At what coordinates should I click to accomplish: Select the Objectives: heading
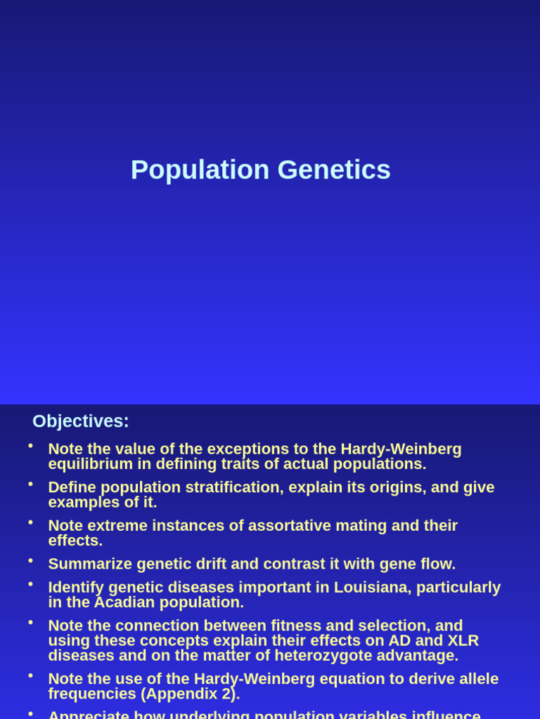81,421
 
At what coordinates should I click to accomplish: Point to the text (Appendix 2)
190,694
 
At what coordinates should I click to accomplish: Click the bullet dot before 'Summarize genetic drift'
30,560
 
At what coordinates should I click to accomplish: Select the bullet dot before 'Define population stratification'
30,484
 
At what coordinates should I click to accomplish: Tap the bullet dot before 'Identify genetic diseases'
30,583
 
